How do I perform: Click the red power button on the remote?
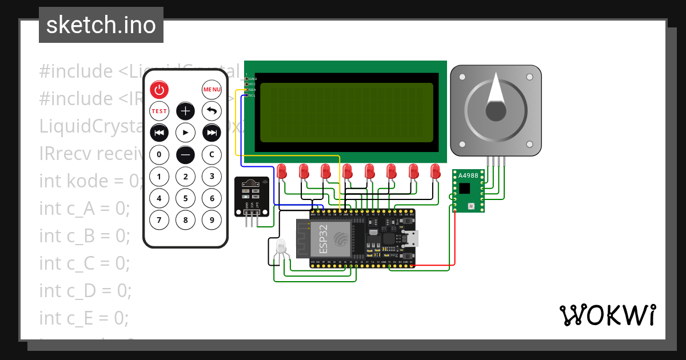[159, 90]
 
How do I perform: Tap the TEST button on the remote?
[159, 111]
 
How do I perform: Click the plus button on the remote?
[185, 111]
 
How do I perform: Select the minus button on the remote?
[185, 154]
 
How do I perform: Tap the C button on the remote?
[212, 154]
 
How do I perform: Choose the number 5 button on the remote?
[185, 198]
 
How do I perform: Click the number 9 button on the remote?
[212, 219]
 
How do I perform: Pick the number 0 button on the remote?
[159, 154]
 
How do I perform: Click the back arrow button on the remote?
[212, 111]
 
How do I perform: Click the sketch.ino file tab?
[101, 25]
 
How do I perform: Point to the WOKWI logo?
[607, 315]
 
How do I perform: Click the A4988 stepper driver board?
[468, 190]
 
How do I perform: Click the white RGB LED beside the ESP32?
[281, 247]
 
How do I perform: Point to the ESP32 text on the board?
[324, 239]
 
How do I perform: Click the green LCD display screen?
[346, 113]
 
